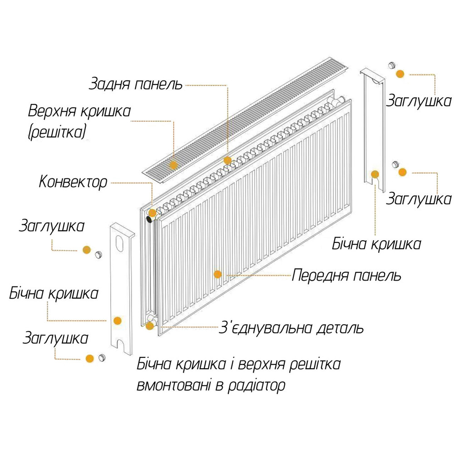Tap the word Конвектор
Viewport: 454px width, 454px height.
pos(73,183)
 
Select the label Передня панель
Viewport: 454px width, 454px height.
pos(347,275)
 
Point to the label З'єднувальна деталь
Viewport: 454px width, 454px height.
pos(291,328)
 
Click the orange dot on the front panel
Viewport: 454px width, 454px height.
pos(217,274)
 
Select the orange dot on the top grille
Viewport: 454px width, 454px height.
pos(173,164)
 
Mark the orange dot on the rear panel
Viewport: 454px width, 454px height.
pos(227,160)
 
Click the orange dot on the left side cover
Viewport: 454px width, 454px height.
pos(118,321)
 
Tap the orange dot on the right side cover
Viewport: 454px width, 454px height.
pos(375,174)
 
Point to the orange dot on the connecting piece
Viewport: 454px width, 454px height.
pos(150,326)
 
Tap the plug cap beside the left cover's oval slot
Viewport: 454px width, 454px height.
pos(98,254)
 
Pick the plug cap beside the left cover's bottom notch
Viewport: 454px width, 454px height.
pos(102,357)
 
